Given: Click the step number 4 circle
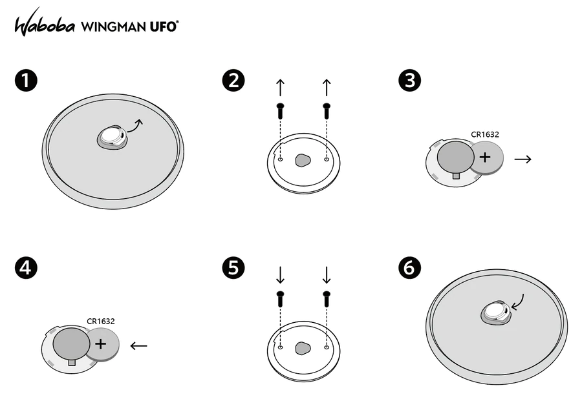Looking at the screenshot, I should point(25,267).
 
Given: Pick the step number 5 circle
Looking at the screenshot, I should point(233,267).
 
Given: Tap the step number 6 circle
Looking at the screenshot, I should point(410,267).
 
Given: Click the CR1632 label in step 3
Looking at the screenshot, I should point(485,135).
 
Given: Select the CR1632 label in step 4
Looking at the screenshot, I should point(101,320).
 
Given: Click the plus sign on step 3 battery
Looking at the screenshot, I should point(485,157).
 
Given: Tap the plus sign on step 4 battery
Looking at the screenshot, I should point(101,343).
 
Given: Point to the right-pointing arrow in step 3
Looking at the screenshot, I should point(523,158).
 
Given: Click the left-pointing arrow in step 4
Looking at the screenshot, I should point(138,345).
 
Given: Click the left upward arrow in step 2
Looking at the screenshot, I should point(280,87).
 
